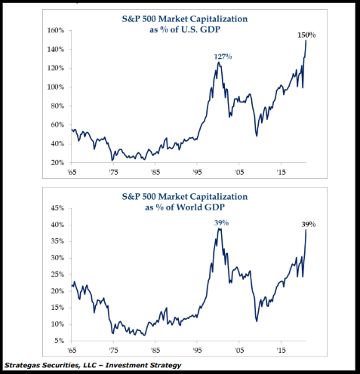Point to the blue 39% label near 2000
220,222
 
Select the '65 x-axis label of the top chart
72,173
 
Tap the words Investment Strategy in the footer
143,365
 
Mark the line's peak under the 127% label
219,63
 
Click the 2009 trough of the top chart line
257,135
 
